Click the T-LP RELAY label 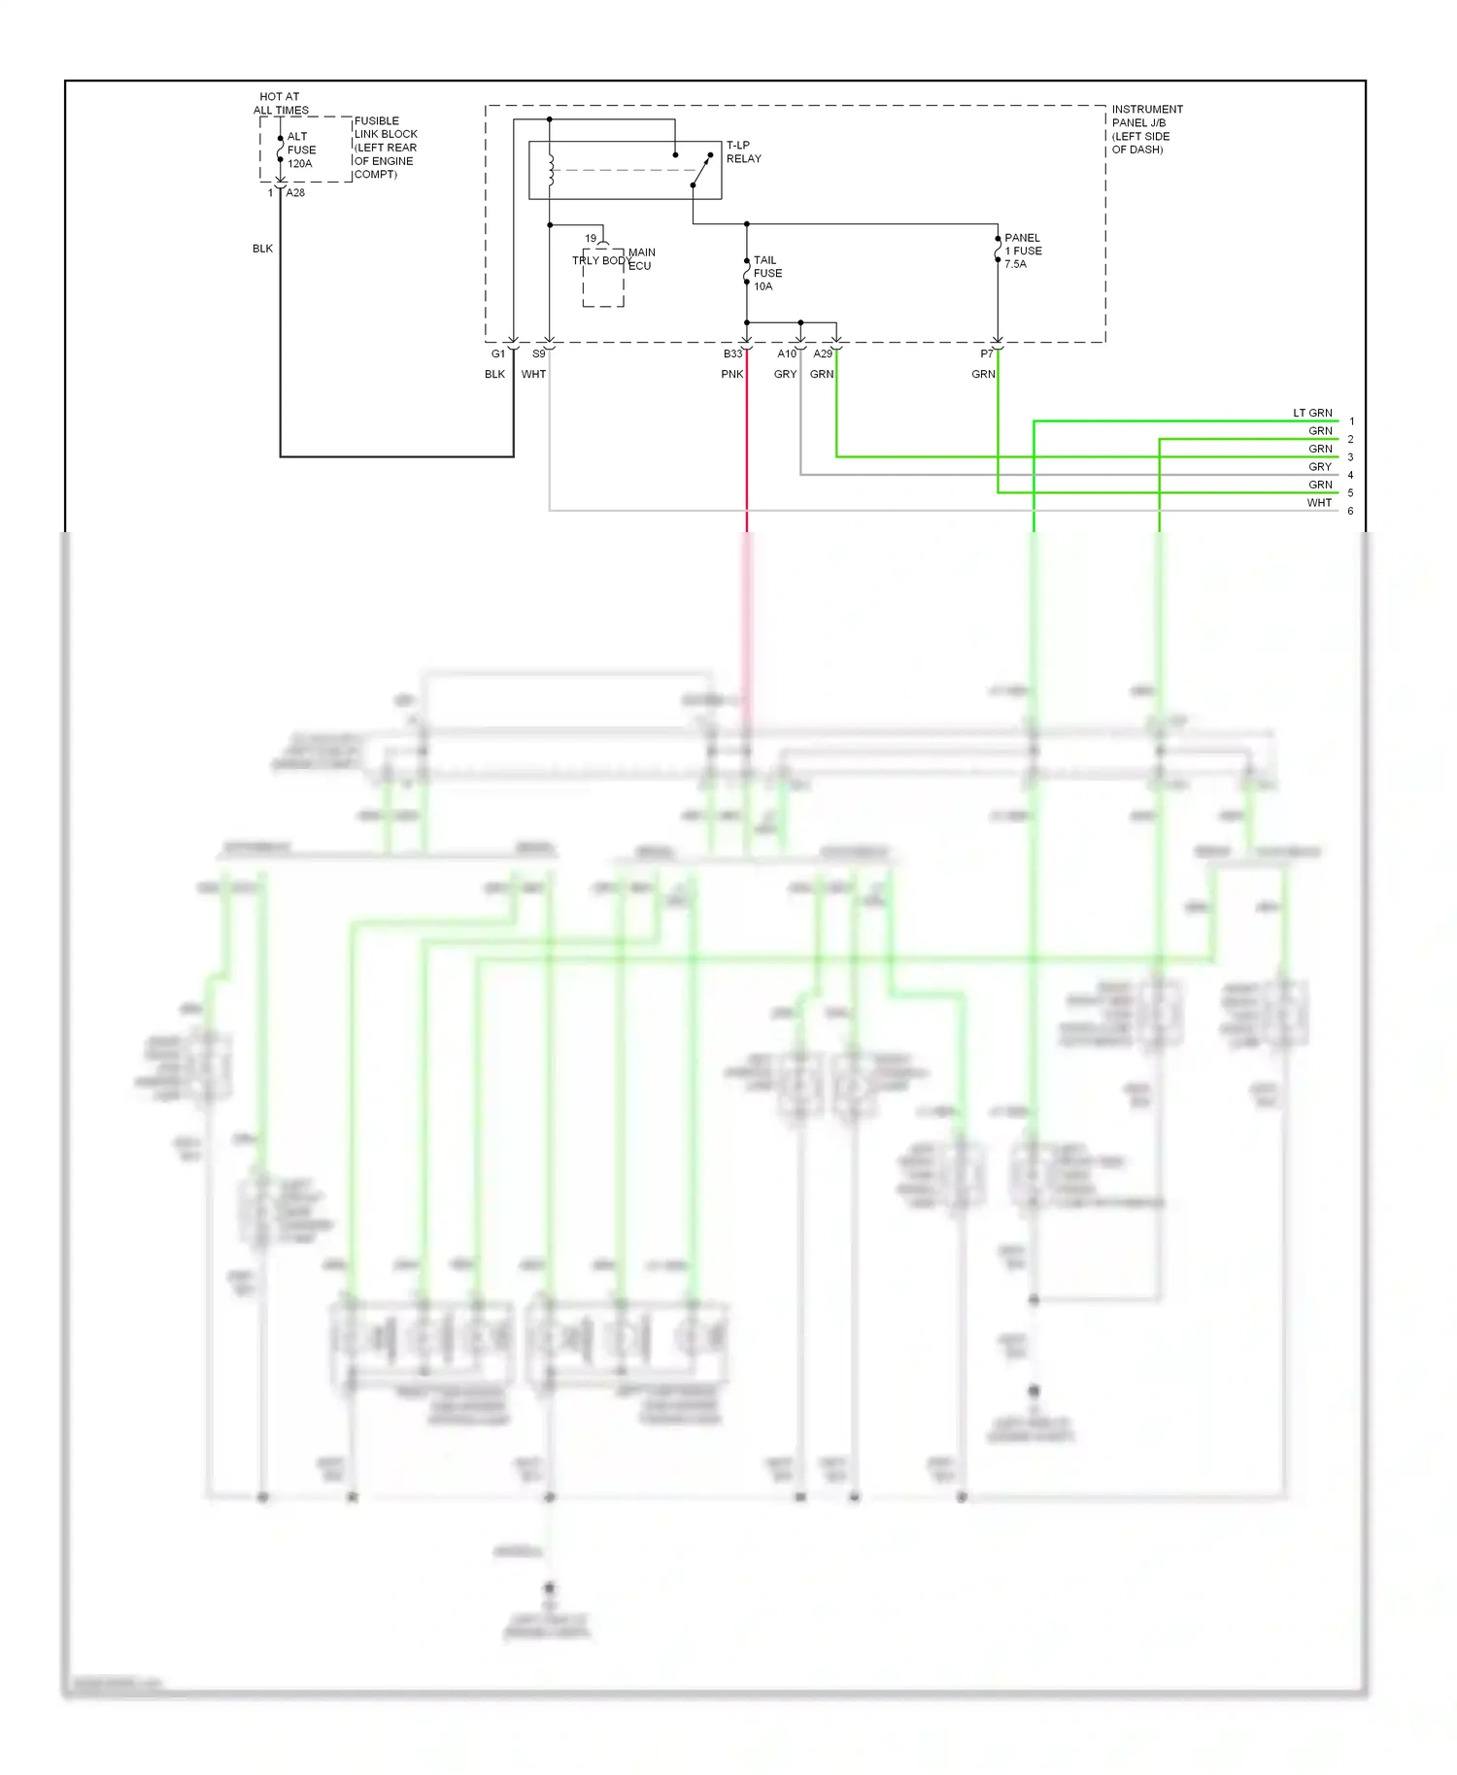[743, 152]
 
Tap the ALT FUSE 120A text [300, 151]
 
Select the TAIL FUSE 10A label [766, 274]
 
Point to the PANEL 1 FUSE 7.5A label [1022, 251]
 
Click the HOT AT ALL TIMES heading [281, 104]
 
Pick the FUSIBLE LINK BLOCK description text [385, 148]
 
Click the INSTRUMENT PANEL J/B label [1146, 129]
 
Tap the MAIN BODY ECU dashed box [602, 280]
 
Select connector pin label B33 [732, 354]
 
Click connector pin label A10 [786, 354]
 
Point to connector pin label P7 [986, 354]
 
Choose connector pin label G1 [497, 354]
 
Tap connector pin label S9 [538, 354]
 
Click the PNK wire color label [731, 375]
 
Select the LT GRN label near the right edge [1311, 413]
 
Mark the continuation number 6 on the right [1350, 512]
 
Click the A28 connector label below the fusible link [295, 193]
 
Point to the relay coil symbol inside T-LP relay [551, 171]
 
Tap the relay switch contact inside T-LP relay [702, 170]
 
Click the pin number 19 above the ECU [591, 239]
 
